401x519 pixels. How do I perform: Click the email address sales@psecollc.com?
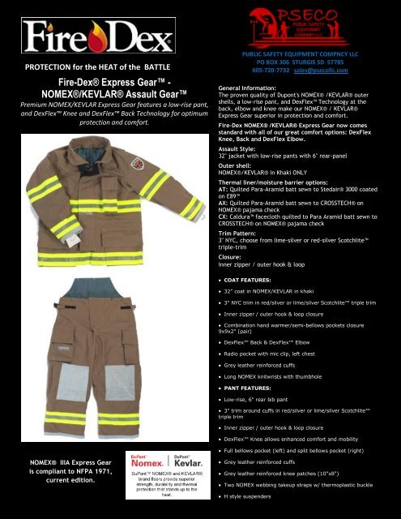tap(323, 70)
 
